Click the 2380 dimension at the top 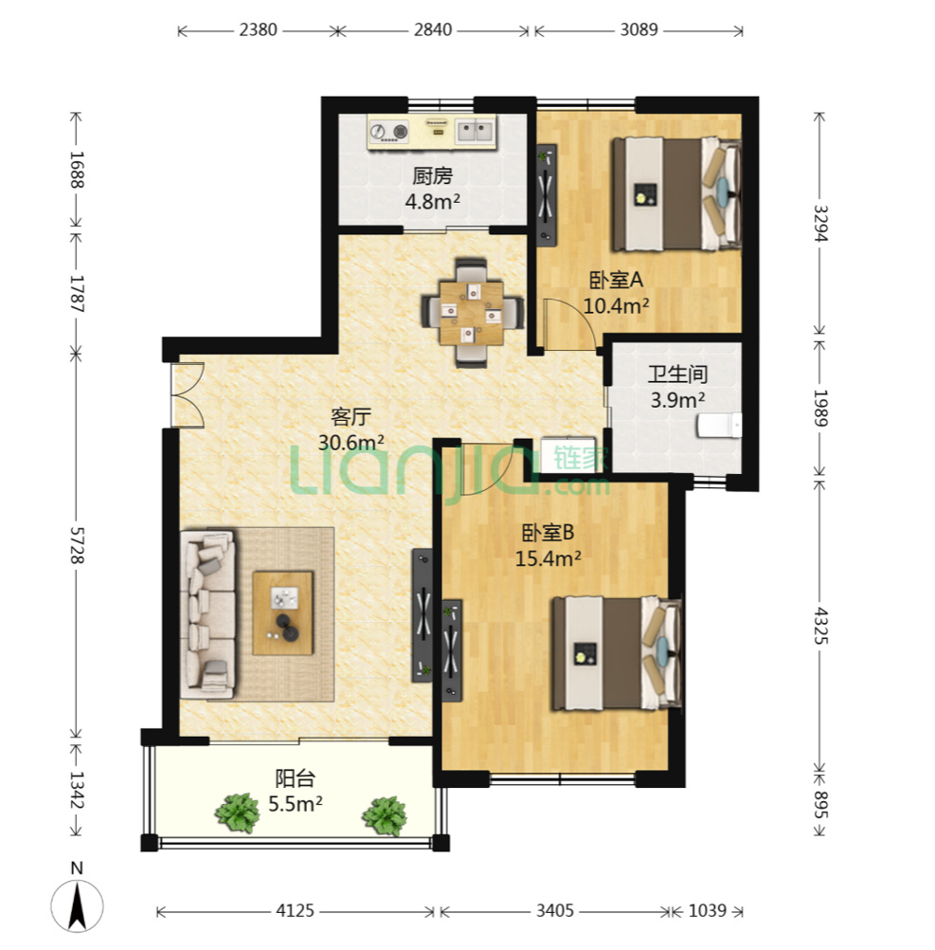pos(258,29)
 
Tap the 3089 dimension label pos(638,29)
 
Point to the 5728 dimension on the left pos(77,545)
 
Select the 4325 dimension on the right pos(820,625)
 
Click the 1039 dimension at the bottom pos(707,910)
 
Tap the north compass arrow pos(77,905)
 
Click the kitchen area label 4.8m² pos(432,201)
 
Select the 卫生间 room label pos(677,374)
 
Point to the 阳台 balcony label pos(295,777)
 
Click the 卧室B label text pos(548,533)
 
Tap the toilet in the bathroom pos(719,425)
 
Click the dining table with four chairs pos(472,313)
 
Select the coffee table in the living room pos(282,612)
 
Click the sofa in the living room pos(207,614)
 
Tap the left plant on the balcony pos(238,813)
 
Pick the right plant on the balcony pos(385,815)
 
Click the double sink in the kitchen pos(475,132)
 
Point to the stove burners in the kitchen pos(388,132)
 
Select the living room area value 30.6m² pos(351,442)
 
